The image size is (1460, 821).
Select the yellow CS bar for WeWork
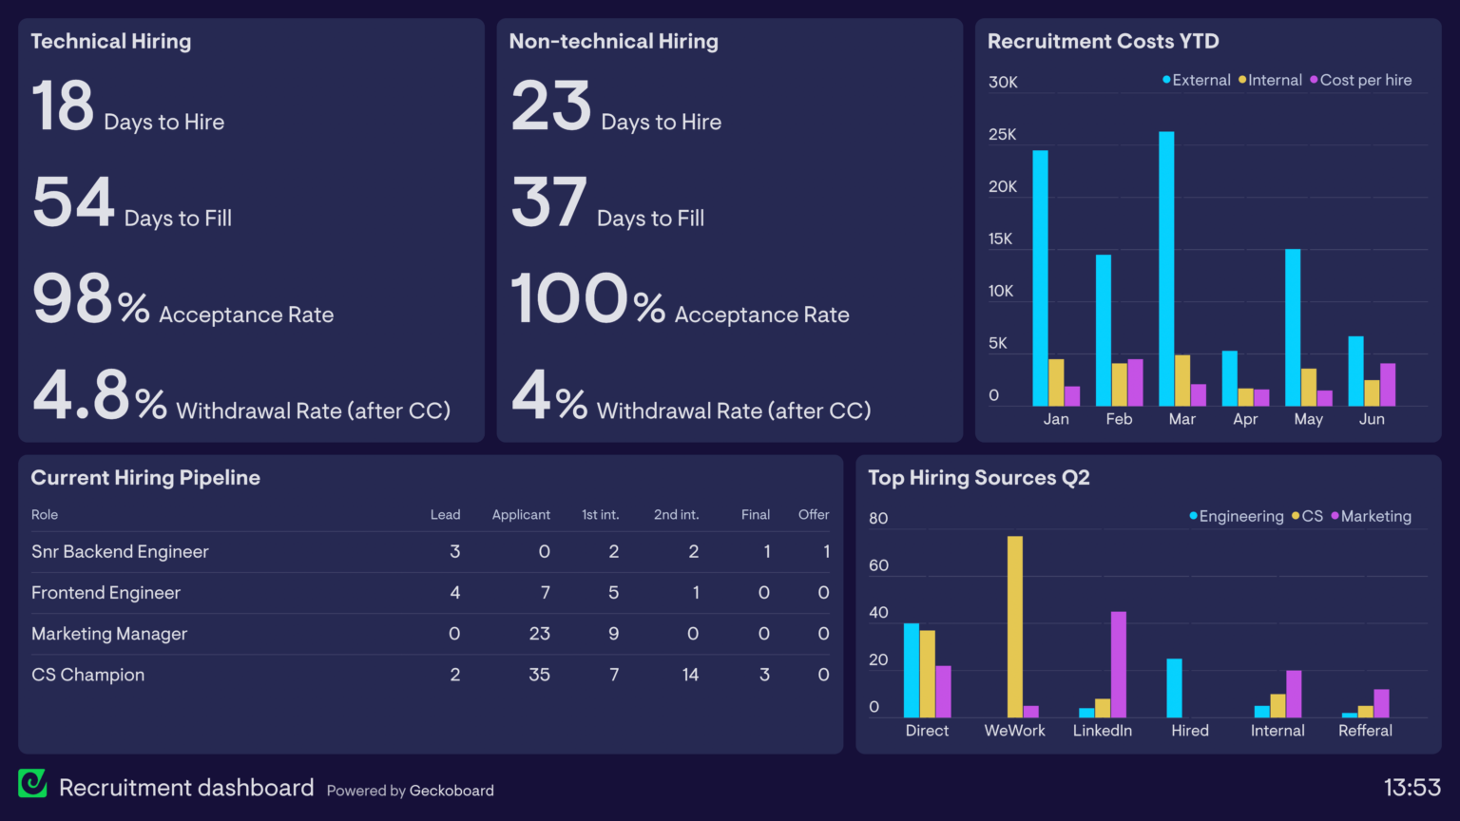click(1015, 627)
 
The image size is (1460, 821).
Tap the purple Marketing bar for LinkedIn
click(1119, 664)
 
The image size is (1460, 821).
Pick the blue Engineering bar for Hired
click(1174, 688)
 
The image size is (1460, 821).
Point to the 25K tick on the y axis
click(1002, 135)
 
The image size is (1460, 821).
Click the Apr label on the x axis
click(1245, 419)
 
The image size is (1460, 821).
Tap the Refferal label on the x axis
click(1365, 731)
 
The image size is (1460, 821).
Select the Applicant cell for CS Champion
click(539, 675)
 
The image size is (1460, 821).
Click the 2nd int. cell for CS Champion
click(690, 675)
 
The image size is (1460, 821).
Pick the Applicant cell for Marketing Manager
click(539, 634)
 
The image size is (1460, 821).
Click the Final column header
click(756, 515)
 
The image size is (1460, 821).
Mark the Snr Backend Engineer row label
click(120, 552)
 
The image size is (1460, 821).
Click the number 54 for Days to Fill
click(73, 202)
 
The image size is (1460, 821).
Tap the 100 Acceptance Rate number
click(568, 299)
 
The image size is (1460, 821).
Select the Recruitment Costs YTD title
click(1103, 42)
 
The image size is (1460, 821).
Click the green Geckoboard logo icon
click(32, 783)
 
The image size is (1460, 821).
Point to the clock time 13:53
click(1412, 788)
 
